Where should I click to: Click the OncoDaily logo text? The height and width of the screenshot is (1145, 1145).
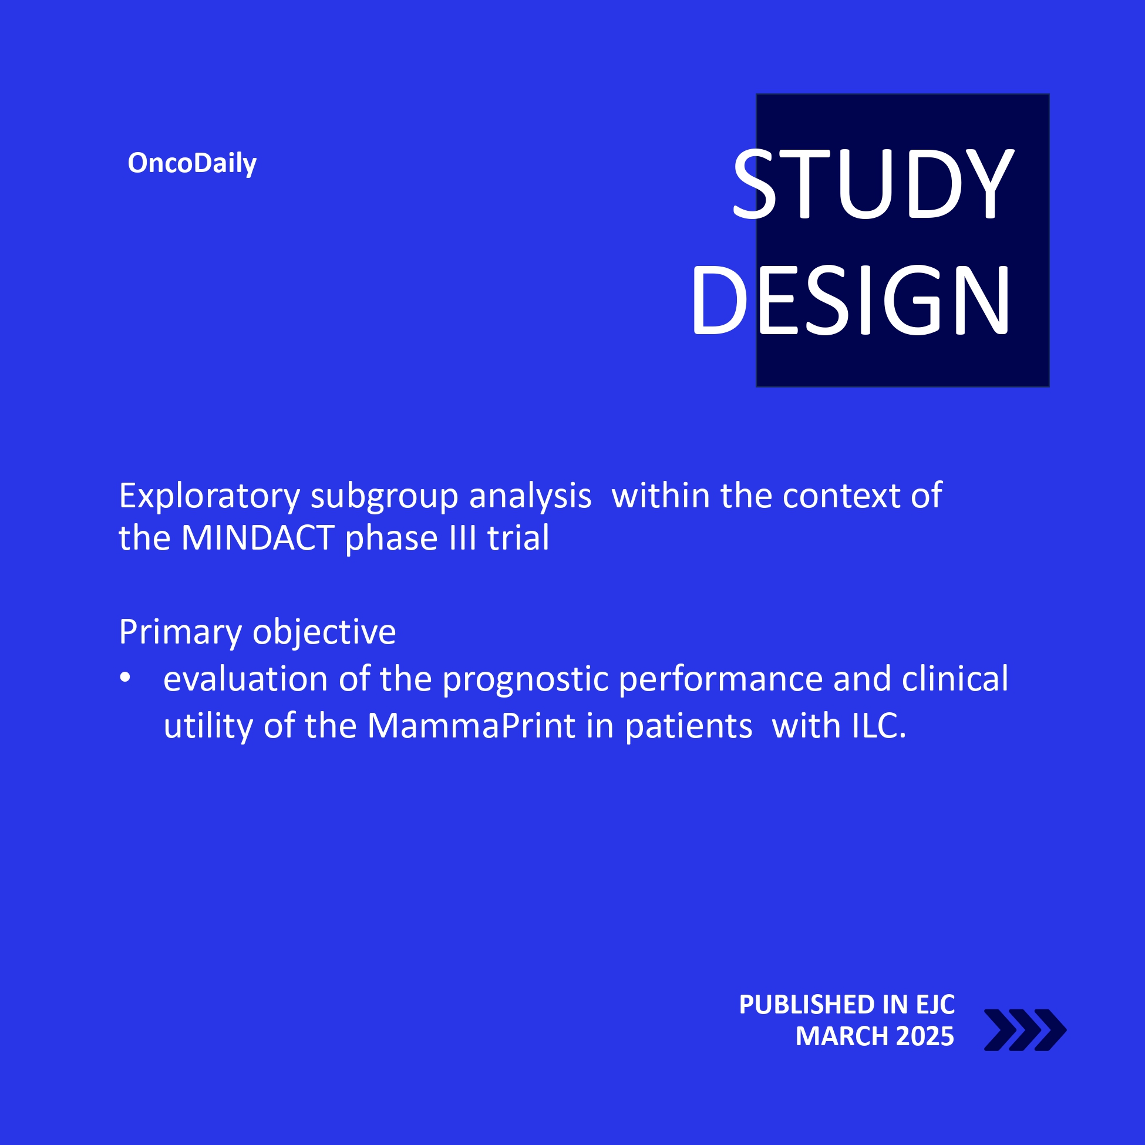click(x=192, y=164)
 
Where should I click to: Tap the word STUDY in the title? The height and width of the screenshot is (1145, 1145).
click(x=874, y=183)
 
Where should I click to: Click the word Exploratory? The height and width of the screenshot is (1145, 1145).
click(x=209, y=497)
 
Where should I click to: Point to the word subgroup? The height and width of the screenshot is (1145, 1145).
click(x=385, y=497)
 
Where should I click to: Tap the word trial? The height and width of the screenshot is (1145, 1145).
click(x=518, y=537)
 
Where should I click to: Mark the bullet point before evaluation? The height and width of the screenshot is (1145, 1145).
click(x=125, y=678)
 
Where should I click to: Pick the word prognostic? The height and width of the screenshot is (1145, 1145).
click(x=526, y=680)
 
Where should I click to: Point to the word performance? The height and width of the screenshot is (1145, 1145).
click(x=720, y=680)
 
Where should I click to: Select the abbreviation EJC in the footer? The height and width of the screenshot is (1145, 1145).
click(x=935, y=1005)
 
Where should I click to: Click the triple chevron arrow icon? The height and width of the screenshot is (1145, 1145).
click(x=1025, y=1030)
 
